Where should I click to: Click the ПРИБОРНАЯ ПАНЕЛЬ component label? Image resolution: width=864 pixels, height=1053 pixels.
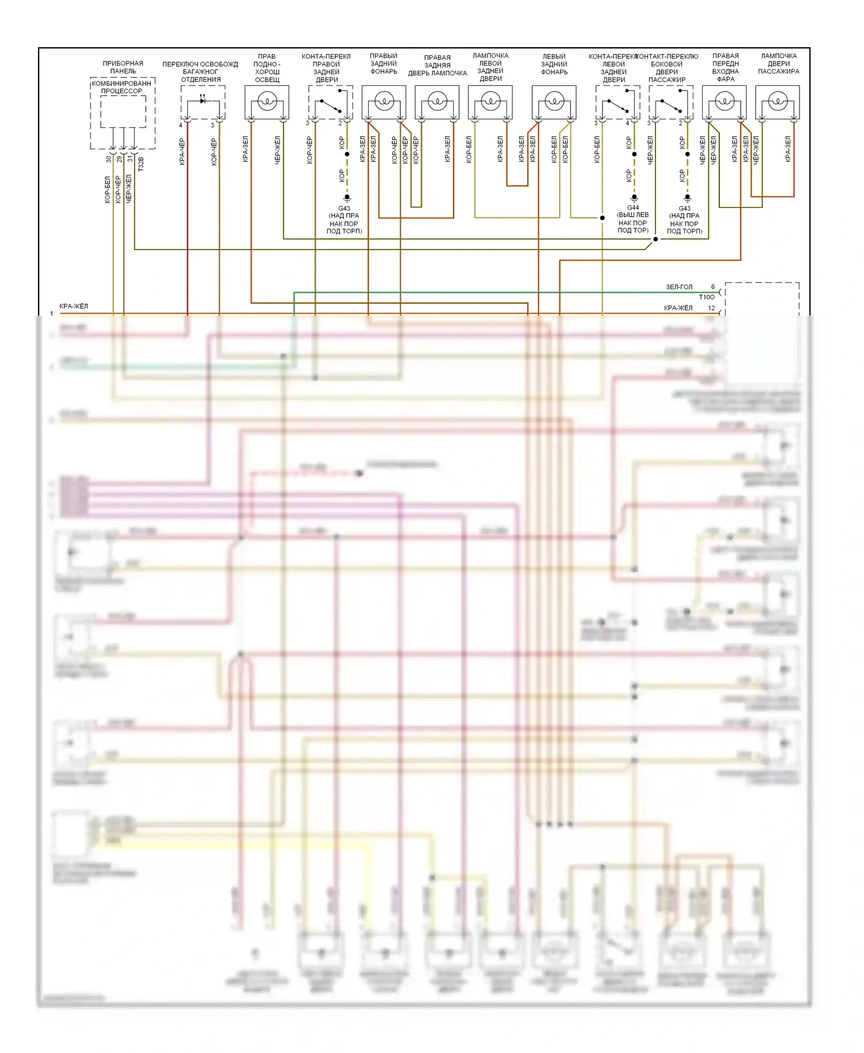point(123,67)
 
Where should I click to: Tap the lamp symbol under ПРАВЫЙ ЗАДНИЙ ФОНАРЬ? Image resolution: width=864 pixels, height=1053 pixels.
point(384,102)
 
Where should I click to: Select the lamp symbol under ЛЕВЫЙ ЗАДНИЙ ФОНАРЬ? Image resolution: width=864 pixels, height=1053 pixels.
point(554,102)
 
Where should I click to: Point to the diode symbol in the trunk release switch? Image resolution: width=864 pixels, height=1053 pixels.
point(203,101)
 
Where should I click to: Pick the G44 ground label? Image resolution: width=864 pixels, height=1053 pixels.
point(633,207)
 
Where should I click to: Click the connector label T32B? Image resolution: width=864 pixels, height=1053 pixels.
point(141,164)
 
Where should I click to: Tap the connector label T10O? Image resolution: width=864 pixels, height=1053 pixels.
point(706,297)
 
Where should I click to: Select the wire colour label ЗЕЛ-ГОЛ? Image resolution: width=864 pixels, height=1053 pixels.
point(679,287)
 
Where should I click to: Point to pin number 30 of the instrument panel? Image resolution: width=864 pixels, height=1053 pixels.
point(108,159)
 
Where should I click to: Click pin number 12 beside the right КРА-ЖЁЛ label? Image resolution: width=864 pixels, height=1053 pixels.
point(711,308)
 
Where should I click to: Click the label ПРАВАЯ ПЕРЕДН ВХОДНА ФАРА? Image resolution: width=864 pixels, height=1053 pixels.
point(725,67)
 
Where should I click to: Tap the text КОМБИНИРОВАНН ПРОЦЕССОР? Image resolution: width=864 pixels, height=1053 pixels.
point(122,87)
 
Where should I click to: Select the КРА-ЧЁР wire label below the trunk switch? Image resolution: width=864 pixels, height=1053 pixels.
point(182,151)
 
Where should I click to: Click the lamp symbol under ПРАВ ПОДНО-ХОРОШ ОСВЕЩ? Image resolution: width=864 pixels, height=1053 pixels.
point(267,102)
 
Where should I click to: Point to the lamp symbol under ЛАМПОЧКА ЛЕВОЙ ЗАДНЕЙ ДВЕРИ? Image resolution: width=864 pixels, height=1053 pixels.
point(490,102)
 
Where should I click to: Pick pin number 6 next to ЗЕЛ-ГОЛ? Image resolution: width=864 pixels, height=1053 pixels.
point(713,287)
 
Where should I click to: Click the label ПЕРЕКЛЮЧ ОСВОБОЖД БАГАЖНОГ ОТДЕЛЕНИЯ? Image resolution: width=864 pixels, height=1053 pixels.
point(200,71)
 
